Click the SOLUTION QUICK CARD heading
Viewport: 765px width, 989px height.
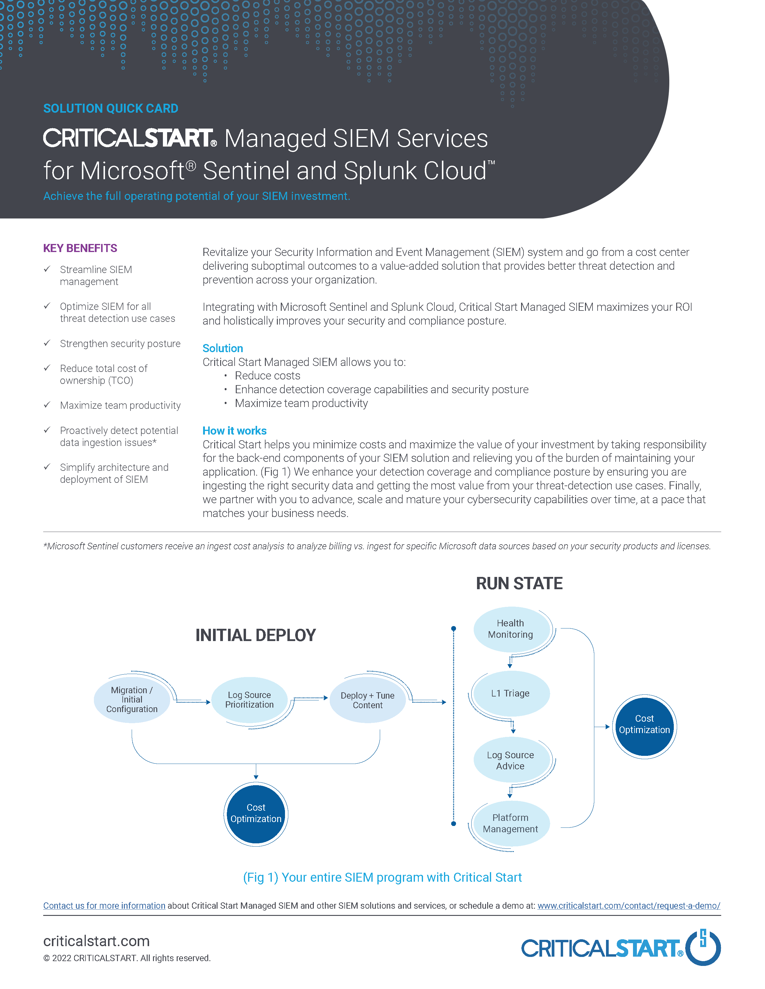(x=111, y=109)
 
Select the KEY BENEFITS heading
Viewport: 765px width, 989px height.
(x=80, y=248)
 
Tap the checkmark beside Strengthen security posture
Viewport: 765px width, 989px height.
(x=47, y=343)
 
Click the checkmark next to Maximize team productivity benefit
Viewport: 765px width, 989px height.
(x=47, y=405)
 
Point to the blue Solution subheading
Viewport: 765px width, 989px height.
(x=223, y=348)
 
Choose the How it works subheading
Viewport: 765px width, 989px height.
(x=234, y=431)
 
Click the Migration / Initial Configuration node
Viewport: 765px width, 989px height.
(x=132, y=699)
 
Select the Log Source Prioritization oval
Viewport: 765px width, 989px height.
(x=249, y=699)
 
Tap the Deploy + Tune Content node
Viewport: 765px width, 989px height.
(x=367, y=700)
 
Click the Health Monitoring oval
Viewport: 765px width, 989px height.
(x=511, y=629)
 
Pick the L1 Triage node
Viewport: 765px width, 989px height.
(x=511, y=693)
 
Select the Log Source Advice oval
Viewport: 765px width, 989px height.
(x=511, y=760)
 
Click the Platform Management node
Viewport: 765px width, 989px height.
(x=511, y=823)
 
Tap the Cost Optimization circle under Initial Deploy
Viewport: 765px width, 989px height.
(x=256, y=813)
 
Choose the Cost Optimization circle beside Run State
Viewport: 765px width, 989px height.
(x=644, y=725)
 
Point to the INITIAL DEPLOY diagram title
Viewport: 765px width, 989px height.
(x=256, y=635)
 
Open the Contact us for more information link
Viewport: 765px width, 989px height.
(x=104, y=906)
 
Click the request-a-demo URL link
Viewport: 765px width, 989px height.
(x=628, y=906)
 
